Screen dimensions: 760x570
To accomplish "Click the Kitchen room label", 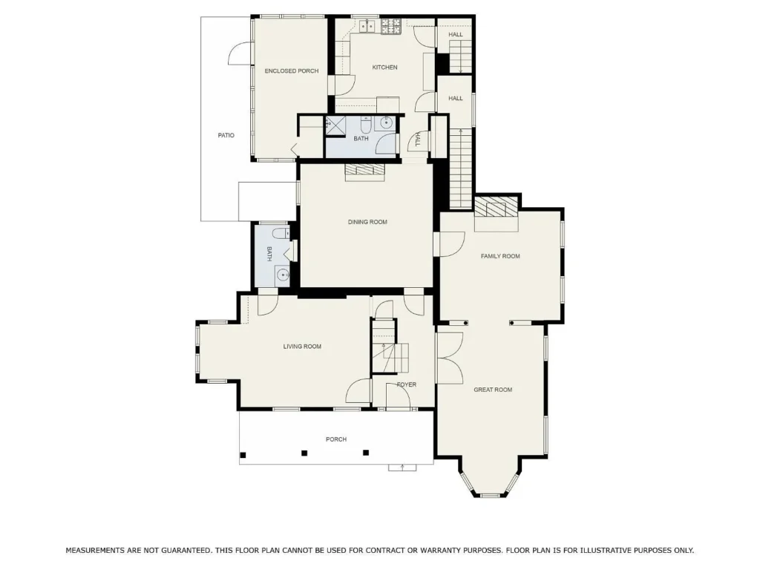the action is tap(384, 68).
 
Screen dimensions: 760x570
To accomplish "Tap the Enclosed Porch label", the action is tap(291, 71).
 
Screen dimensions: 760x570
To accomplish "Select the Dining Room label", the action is tap(367, 222).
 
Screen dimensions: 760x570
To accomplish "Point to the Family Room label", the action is tap(500, 256).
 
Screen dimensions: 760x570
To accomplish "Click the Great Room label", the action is tap(493, 389).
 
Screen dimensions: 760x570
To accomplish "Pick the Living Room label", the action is tap(302, 346).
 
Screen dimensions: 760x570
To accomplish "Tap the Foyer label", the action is tap(406, 384).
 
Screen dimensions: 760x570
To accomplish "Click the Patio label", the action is tap(226, 135).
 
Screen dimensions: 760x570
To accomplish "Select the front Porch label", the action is tap(336, 439).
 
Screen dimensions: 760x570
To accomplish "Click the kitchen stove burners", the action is tap(390, 26).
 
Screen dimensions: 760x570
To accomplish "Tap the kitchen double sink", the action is tap(367, 26).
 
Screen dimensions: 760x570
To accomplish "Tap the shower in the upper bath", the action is tap(335, 125).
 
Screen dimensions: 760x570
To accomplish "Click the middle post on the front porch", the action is tap(304, 453).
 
